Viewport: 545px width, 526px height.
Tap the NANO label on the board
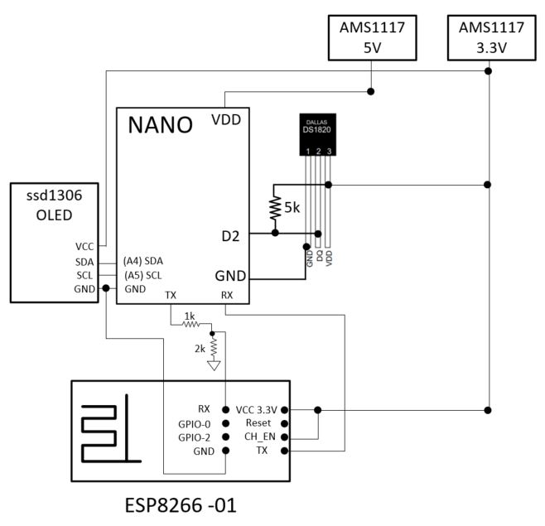pyautogui.click(x=160, y=125)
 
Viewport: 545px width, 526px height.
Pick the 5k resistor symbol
pyautogui.click(x=274, y=208)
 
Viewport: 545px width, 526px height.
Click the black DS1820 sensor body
pyautogui.click(x=318, y=135)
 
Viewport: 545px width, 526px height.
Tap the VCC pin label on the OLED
pyautogui.click(x=84, y=246)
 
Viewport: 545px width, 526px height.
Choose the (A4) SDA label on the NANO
pyautogui.click(x=144, y=260)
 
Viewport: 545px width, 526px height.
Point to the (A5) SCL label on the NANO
pyautogui.click(x=144, y=274)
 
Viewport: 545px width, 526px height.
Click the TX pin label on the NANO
pyautogui.click(x=171, y=294)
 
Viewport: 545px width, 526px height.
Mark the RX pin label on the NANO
pyautogui.click(x=226, y=294)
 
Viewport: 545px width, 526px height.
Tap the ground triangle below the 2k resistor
pyautogui.click(x=214, y=365)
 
